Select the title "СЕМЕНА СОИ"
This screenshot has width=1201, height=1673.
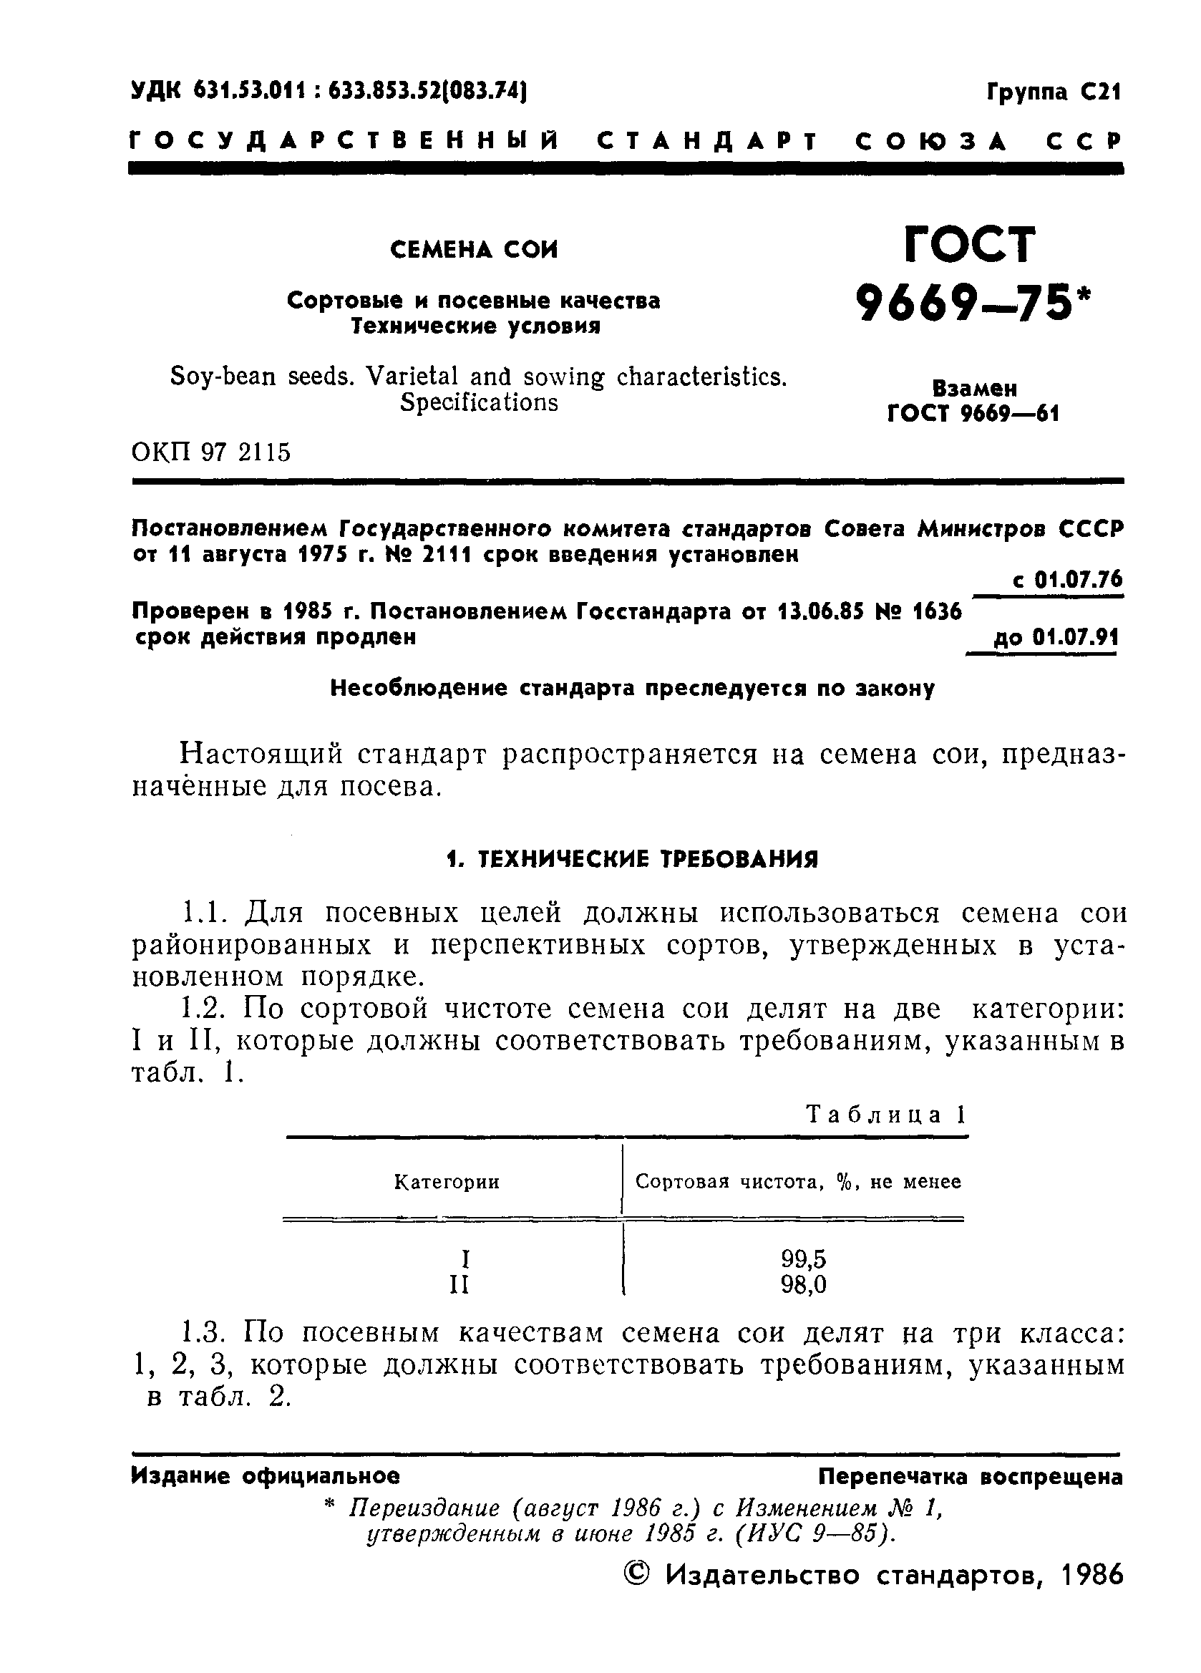(474, 251)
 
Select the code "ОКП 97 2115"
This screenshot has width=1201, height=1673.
(211, 452)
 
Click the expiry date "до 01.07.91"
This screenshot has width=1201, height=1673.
(1056, 636)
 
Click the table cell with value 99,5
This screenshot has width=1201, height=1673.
(803, 1259)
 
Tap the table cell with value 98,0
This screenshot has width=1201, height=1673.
(803, 1285)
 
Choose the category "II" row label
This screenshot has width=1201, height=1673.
(459, 1286)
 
